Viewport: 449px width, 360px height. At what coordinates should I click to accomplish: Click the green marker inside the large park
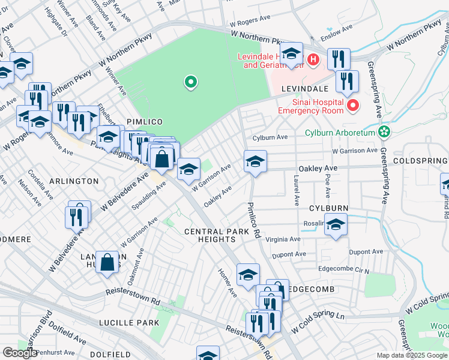pyautogui.click(x=191, y=82)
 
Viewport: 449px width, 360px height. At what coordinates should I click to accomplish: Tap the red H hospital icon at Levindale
pyautogui.click(x=313, y=60)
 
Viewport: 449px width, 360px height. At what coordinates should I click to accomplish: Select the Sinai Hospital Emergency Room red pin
pyautogui.click(x=353, y=106)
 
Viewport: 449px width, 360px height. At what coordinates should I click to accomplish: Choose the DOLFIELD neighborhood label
pyautogui.click(x=110, y=355)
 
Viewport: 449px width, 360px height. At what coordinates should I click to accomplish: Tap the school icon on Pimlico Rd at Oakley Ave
pyautogui.click(x=255, y=161)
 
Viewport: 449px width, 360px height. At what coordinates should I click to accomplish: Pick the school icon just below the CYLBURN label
pyautogui.click(x=336, y=226)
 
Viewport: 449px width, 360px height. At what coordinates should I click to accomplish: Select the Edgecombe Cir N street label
pyautogui.click(x=343, y=269)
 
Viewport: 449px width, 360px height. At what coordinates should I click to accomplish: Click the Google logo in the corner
pyautogui.click(x=20, y=353)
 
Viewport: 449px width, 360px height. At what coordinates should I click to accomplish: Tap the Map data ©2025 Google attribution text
pyautogui.click(x=411, y=355)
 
